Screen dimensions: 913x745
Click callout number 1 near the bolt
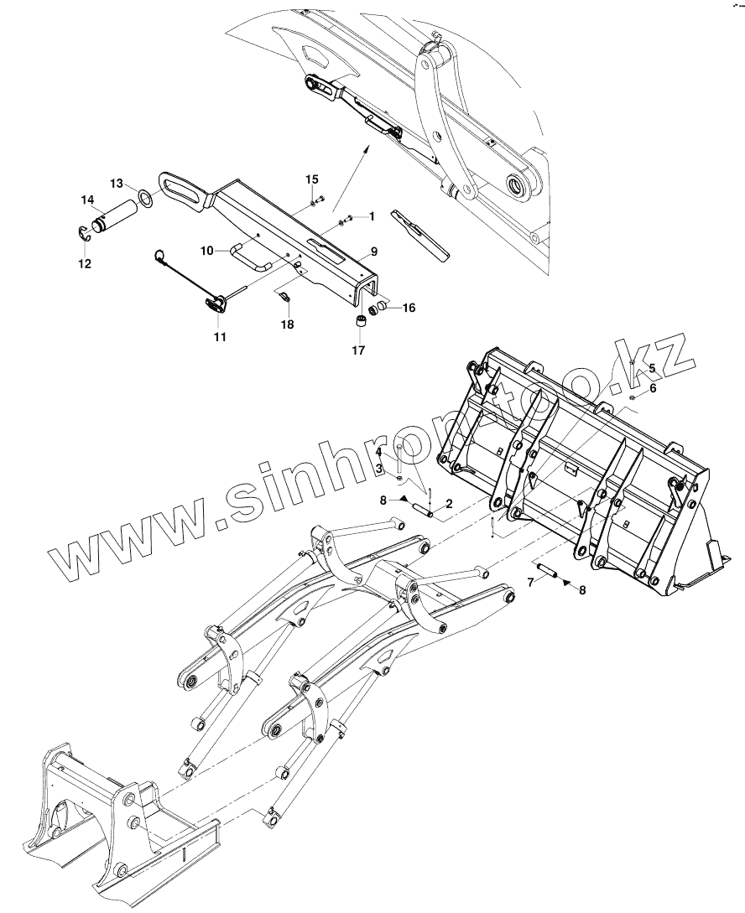371,216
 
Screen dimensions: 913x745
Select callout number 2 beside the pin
450,504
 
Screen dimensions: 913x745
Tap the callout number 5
653,368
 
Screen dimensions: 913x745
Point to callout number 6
653,388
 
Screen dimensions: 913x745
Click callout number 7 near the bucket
531,581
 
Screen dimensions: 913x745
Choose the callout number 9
373,252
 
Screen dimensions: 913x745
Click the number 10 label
207,250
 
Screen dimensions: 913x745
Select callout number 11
219,337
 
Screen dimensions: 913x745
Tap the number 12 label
86,263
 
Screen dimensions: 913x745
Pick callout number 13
116,183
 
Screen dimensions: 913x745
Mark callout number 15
311,179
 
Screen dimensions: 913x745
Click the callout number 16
409,308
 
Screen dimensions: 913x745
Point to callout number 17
358,350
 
